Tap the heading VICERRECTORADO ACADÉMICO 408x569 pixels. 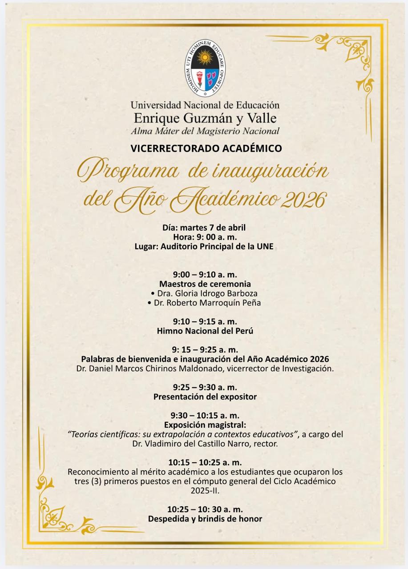[206, 148]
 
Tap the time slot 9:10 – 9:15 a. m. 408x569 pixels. [205, 321]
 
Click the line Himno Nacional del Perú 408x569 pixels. [205, 331]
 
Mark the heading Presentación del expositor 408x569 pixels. [205, 397]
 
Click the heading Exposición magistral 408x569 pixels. [205, 425]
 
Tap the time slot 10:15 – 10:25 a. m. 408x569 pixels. [205, 462]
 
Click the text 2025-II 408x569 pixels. [205, 491]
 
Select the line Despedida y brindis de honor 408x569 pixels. [205, 519]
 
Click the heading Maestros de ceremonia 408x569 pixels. [205, 284]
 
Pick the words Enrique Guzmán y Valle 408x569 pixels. [205, 118]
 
